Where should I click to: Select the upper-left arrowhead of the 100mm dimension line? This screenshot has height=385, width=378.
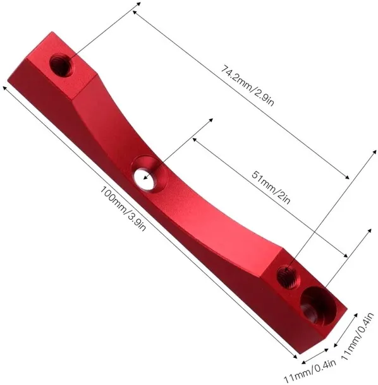point(6,89)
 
